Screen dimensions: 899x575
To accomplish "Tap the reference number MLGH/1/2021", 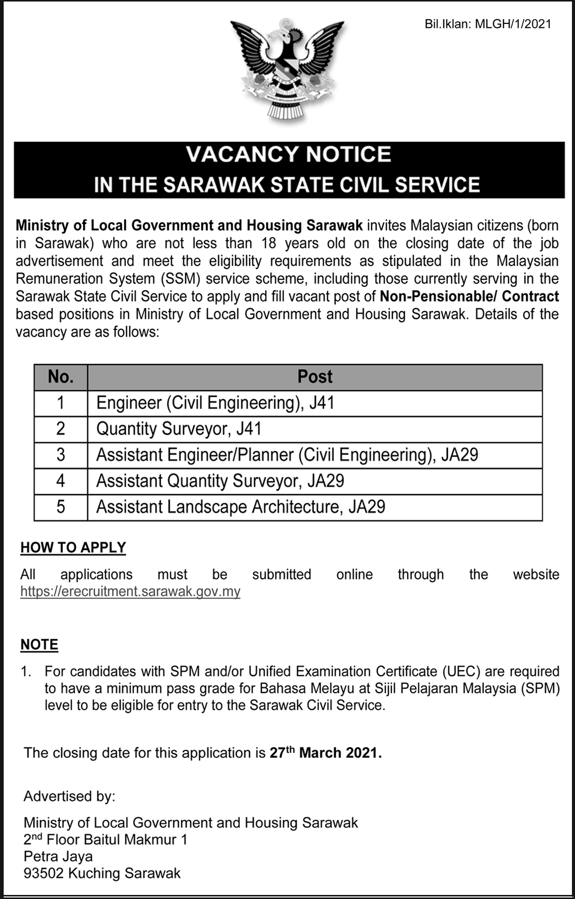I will click(x=513, y=24).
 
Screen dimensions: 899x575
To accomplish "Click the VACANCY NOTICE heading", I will click(x=289, y=154).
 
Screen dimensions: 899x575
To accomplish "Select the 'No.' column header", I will click(x=61, y=377).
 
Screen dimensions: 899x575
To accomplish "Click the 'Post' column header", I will click(x=315, y=377).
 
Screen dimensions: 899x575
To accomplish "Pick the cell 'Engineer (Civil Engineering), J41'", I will click(x=215, y=403).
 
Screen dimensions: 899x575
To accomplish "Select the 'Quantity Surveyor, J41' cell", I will click(x=179, y=429).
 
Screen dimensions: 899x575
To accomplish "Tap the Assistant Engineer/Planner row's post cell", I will click(x=287, y=455).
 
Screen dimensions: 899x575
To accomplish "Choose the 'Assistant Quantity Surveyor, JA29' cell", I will click(x=220, y=481).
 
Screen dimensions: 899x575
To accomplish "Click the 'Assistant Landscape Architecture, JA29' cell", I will click(x=241, y=507).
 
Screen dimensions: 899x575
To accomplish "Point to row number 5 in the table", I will click(x=61, y=507).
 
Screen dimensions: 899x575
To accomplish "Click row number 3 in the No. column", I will click(x=61, y=455).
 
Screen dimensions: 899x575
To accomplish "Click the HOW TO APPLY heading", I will click(x=73, y=548).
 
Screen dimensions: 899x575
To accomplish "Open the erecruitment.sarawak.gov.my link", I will click(x=130, y=592).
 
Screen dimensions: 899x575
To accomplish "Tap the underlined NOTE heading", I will click(x=39, y=645).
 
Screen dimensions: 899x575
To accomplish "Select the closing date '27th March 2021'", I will click(x=325, y=752).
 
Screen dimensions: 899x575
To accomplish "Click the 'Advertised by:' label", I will click(x=69, y=797).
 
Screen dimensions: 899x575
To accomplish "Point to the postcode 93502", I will click(x=44, y=873).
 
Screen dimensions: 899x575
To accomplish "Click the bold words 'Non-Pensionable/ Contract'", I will click(x=470, y=296).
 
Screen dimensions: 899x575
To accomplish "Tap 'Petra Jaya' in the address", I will click(x=58, y=856).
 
